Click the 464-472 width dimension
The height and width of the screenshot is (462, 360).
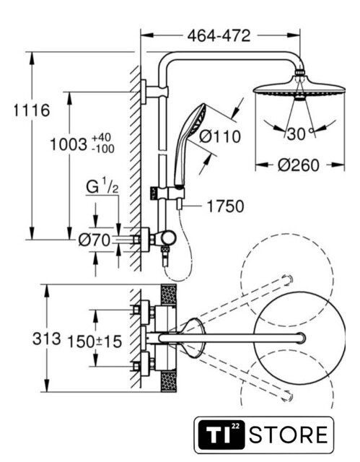click(x=219, y=36)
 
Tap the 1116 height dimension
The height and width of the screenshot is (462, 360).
click(x=32, y=110)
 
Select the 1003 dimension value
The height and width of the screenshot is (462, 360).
click(x=69, y=144)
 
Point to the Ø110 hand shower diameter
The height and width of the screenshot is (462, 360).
click(x=219, y=136)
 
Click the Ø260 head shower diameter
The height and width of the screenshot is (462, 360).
click(x=298, y=165)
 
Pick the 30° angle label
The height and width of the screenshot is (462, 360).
click(x=299, y=134)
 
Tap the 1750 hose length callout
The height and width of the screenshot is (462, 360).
click(x=226, y=206)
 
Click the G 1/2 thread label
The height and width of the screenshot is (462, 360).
click(x=102, y=186)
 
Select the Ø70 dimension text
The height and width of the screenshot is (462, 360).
click(x=95, y=240)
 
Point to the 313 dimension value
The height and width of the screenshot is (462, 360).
click(x=46, y=339)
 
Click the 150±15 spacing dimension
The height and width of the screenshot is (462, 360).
click(x=95, y=341)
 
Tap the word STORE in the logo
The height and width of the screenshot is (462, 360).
click(x=289, y=435)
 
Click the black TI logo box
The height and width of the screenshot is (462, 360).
click(x=221, y=435)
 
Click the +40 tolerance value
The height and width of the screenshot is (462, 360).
click(x=101, y=138)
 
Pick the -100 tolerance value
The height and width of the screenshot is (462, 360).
click(x=102, y=149)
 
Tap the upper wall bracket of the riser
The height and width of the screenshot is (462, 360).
click(x=154, y=92)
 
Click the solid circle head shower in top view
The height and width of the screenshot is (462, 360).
click(x=299, y=338)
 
